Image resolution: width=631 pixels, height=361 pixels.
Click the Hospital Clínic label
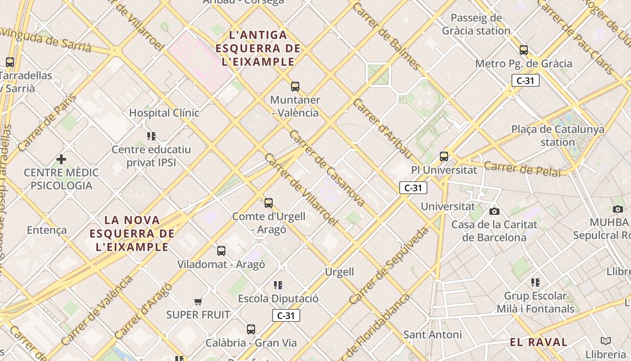(164, 113)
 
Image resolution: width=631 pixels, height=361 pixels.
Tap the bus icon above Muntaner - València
(295, 86)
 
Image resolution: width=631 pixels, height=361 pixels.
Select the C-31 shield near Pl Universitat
(413, 188)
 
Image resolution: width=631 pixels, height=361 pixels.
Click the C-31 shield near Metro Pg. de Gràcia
(526, 81)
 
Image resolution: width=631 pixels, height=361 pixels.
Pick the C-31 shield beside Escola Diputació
(286, 315)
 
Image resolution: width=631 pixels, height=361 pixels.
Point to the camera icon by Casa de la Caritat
(494, 211)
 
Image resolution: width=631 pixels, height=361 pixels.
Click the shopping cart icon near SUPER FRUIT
(198, 301)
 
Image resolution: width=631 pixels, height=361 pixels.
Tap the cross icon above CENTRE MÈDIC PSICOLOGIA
(61, 159)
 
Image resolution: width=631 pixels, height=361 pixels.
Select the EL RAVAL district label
(539, 342)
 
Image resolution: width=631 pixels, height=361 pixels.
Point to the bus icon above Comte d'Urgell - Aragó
(269, 203)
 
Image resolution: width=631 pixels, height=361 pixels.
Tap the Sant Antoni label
(432, 334)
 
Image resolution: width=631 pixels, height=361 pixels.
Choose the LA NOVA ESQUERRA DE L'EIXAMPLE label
(132, 233)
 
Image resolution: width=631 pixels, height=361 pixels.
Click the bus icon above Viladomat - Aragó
(221, 251)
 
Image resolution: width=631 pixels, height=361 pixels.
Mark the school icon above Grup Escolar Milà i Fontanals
(535, 282)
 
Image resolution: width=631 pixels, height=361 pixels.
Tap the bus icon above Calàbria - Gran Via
(251, 329)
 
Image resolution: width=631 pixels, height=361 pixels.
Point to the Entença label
(47, 230)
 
